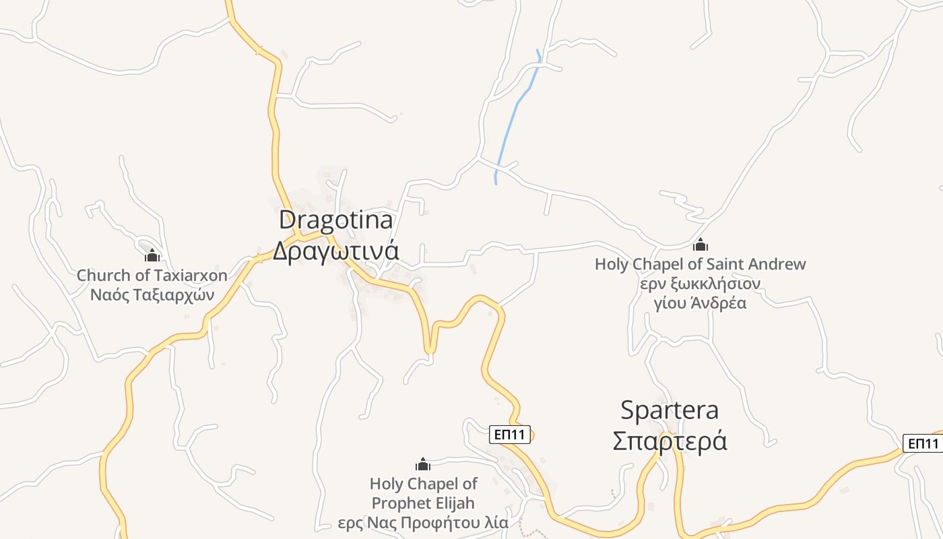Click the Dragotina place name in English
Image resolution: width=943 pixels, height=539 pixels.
(335, 220)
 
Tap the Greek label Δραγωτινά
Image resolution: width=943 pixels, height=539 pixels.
(335, 251)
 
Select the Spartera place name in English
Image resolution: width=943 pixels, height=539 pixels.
(669, 410)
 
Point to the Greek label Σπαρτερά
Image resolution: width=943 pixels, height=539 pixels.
(669, 441)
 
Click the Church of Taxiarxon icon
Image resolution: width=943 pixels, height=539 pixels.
(152, 255)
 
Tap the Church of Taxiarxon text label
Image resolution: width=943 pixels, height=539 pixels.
(152, 275)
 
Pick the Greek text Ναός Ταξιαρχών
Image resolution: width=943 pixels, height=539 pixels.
(152, 294)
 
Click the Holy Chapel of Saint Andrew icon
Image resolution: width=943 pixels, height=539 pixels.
(701, 245)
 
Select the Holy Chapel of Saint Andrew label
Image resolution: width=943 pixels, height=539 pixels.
(700, 264)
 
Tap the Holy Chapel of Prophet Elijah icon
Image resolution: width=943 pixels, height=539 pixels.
(423, 464)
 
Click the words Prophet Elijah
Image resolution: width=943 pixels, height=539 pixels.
(423, 503)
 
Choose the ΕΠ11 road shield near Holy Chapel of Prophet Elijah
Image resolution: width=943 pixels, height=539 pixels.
(509, 435)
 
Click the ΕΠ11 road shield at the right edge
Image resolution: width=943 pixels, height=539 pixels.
(923, 443)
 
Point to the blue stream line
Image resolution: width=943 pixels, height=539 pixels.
(515, 108)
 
